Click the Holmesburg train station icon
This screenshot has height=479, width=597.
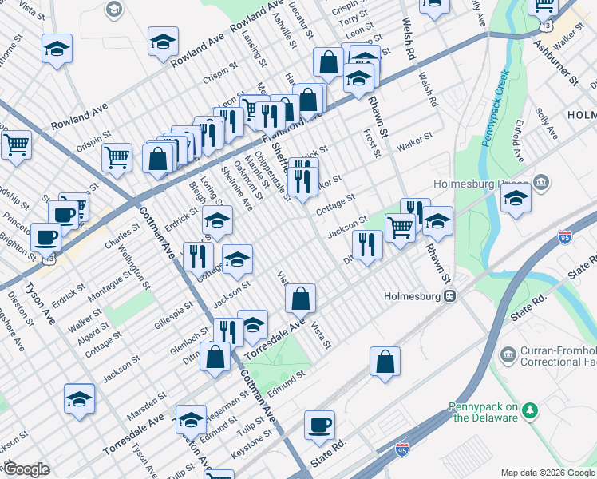point(450,296)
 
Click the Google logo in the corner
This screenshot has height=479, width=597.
point(26,469)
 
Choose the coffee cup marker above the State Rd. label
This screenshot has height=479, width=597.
point(320,426)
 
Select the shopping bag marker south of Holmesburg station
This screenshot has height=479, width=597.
point(385,362)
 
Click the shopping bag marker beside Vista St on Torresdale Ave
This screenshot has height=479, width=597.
point(300,299)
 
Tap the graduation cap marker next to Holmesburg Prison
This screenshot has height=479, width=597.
point(516,198)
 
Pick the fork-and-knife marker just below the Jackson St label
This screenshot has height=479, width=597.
point(366,244)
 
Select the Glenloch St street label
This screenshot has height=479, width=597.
point(168,344)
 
